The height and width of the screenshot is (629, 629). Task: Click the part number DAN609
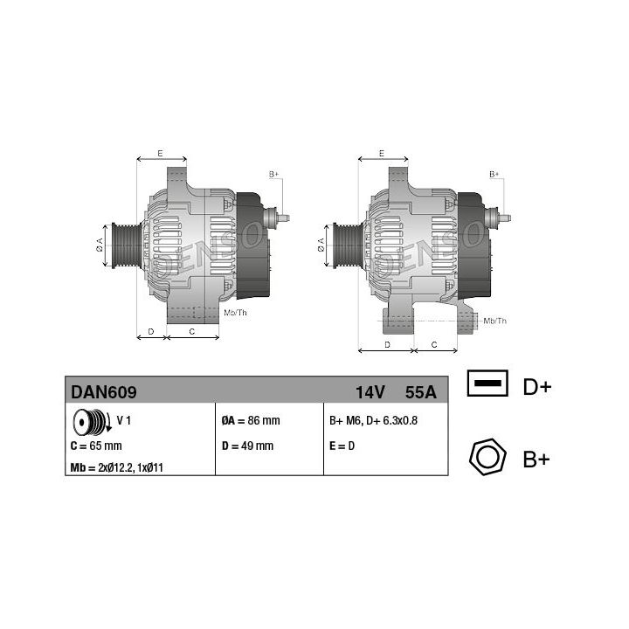click(x=103, y=392)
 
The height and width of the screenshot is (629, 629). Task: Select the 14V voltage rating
click(x=370, y=392)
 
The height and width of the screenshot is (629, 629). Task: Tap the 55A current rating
click(x=420, y=392)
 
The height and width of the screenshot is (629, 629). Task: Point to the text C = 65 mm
click(x=96, y=446)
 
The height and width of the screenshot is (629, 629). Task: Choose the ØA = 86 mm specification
click(x=251, y=420)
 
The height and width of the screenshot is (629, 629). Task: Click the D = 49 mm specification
click(x=247, y=446)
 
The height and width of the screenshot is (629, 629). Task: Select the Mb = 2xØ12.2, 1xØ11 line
click(x=116, y=467)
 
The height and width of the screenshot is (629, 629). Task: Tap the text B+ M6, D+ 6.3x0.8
click(x=373, y=420)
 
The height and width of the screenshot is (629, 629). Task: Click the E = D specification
click(x=342, y=446)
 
